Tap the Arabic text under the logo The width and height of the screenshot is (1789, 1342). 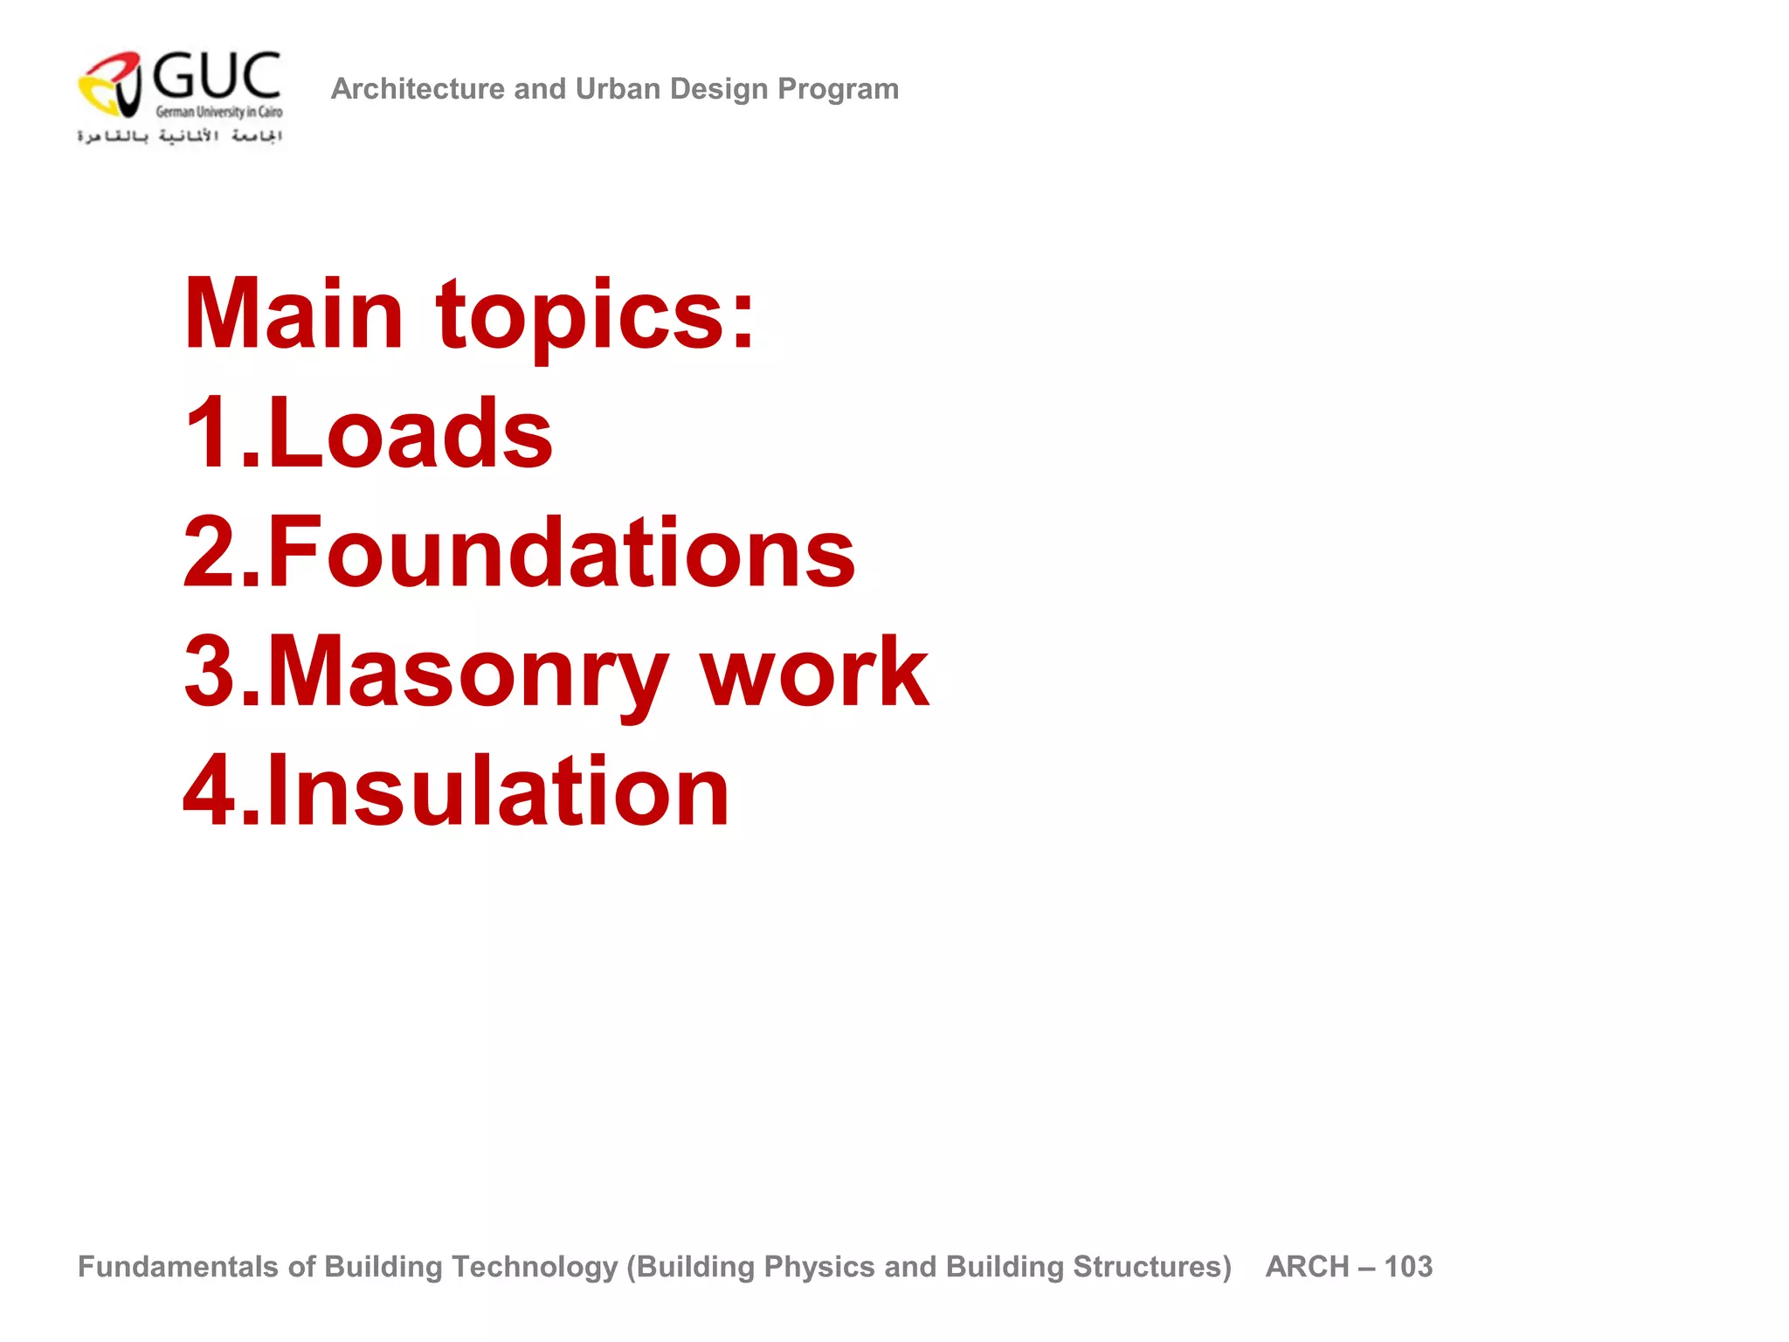point(180,136)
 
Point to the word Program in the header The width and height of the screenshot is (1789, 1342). point(838,89)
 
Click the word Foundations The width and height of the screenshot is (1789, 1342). point(561,552)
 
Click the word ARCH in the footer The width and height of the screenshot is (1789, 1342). point(1308,1267)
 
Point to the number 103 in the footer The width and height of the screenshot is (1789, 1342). point(1408,1267)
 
